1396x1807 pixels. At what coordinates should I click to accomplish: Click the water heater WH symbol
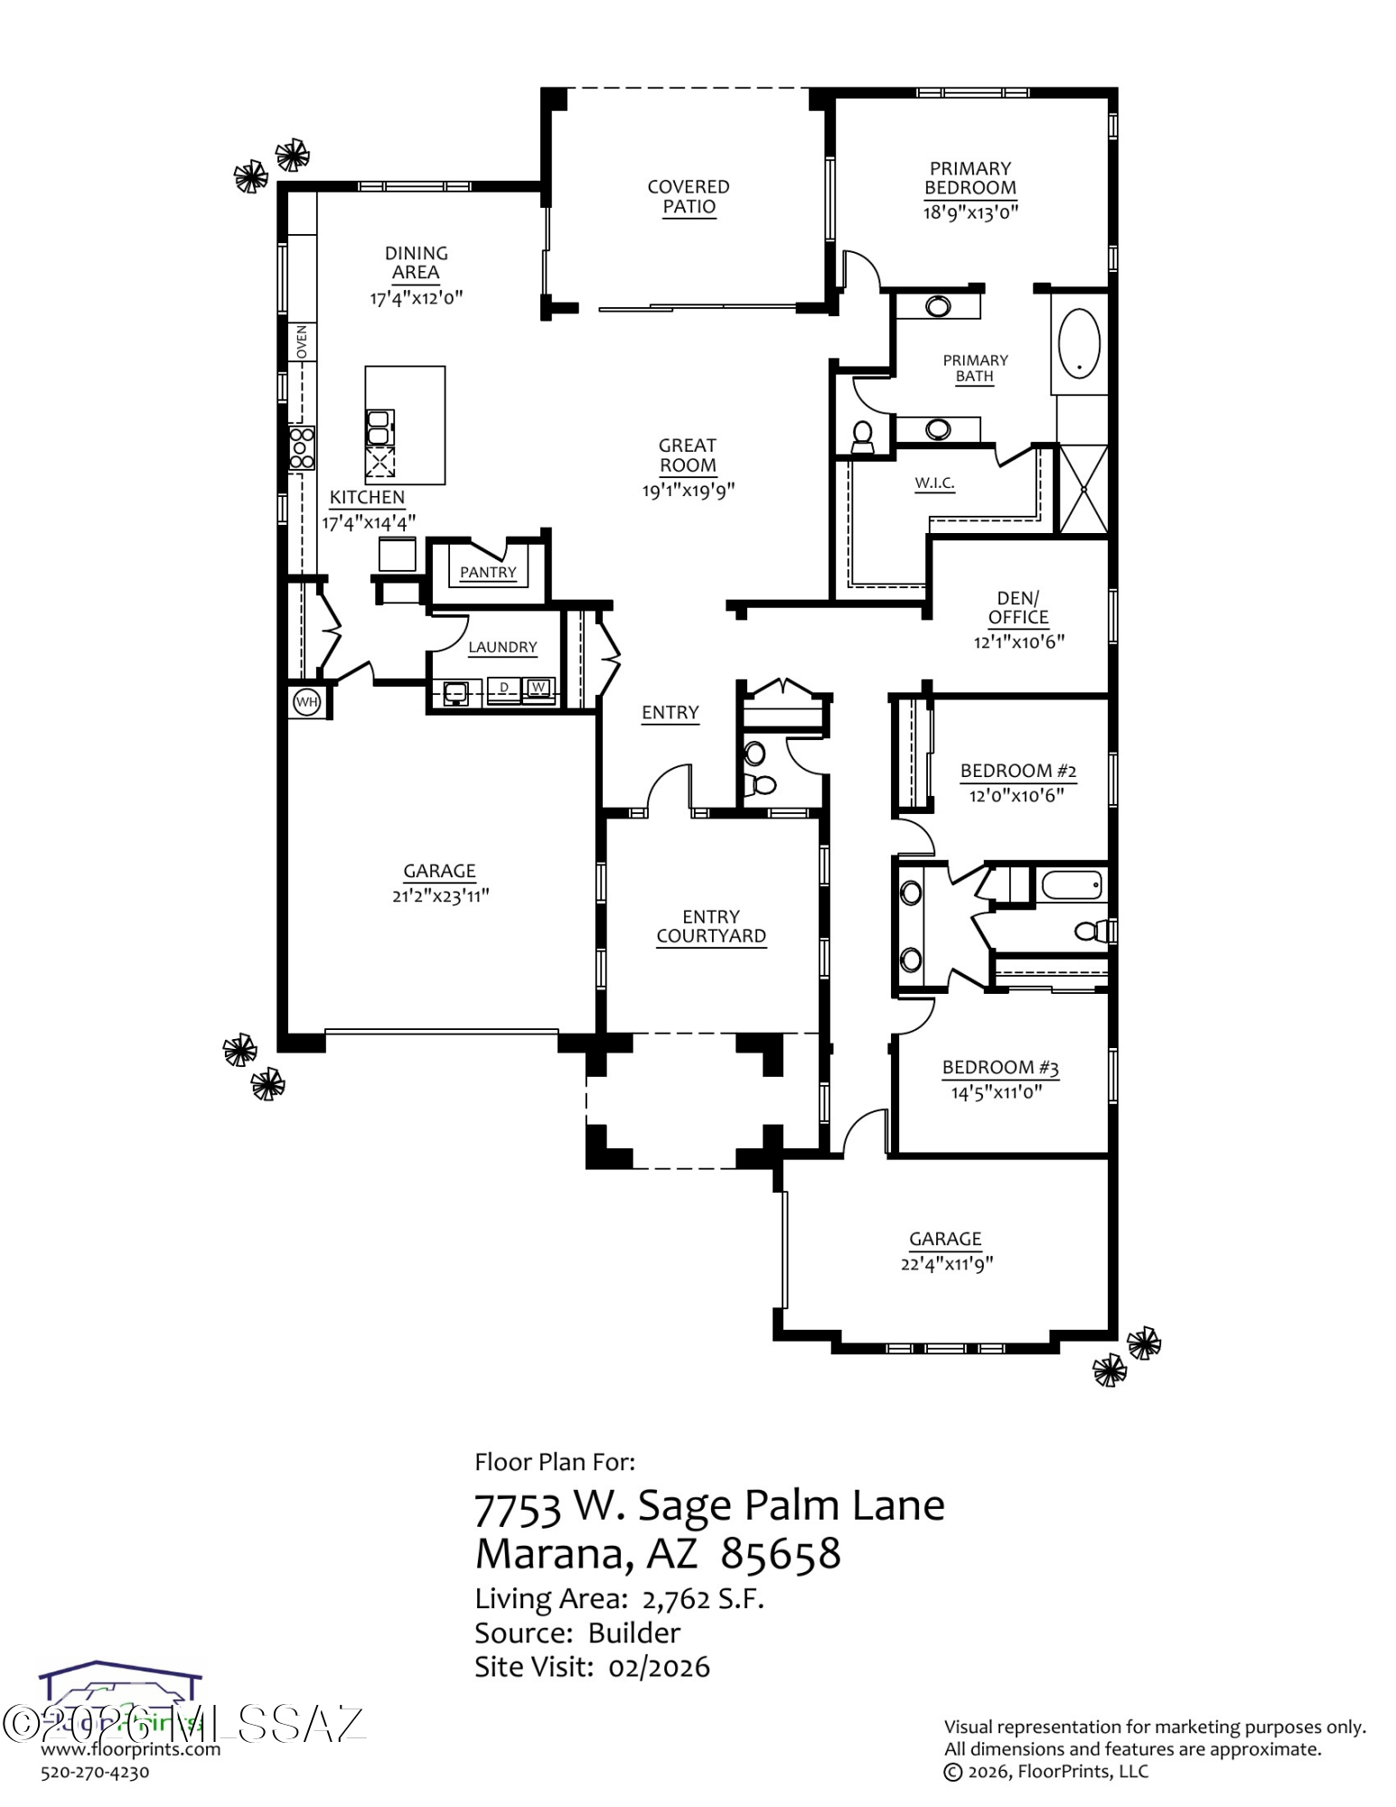307,702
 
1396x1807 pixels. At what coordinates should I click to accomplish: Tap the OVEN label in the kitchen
302,342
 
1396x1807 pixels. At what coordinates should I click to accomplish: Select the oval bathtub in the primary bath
1080,343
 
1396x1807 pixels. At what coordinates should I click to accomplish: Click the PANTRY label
488,572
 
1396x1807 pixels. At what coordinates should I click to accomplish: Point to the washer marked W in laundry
539,688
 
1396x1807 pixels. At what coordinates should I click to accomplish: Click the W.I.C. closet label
934,482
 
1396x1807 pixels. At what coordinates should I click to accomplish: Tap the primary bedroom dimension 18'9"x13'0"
970,212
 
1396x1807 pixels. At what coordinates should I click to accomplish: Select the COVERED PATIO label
689,197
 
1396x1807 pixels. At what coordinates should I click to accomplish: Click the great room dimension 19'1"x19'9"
689,491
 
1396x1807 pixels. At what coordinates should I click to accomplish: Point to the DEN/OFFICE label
1018,608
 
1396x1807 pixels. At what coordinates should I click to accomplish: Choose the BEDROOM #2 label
1018,771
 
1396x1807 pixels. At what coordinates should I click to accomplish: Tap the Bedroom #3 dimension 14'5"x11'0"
997,1092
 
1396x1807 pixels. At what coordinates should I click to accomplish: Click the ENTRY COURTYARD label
711,927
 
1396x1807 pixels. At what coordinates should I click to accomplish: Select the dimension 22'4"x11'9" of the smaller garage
946,1264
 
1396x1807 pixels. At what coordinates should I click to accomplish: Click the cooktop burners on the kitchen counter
302,448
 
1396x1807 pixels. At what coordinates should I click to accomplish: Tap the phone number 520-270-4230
95,1772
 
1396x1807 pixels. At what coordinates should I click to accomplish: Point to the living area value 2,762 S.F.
703,1599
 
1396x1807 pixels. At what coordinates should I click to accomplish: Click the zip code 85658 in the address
781,1553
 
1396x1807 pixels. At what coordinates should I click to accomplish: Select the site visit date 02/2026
659,1667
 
